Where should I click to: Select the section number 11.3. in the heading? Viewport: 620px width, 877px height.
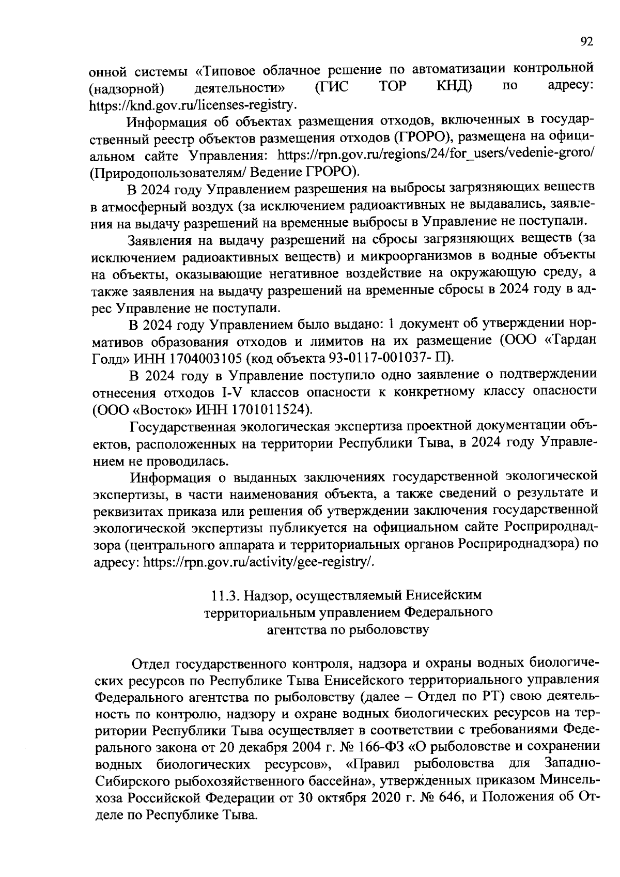point(226,596)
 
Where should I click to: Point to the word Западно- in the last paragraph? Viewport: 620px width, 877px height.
point(571,764)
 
